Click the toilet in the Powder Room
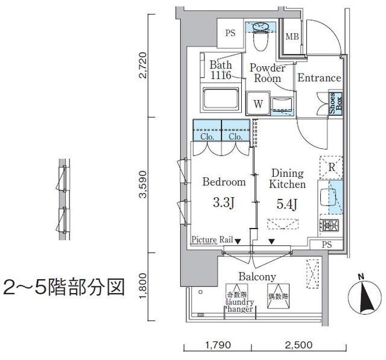[261, 37]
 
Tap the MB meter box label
[292, 37]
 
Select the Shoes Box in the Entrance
[335, 104]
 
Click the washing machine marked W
[258, 103]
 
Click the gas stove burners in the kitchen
[329, 225]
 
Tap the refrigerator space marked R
[331, 167]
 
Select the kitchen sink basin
[328, 197]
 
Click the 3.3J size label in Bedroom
[223, 203]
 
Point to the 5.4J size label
[287, 204]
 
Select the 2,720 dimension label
[143, 65]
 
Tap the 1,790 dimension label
[218, 345]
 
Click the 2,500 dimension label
[299, 345]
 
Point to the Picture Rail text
[212, 239]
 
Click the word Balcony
[257, 277]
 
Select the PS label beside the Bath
[230, 33]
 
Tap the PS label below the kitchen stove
[327, 245]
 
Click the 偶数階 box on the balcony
[278, 296]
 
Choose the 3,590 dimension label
[143, 185]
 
